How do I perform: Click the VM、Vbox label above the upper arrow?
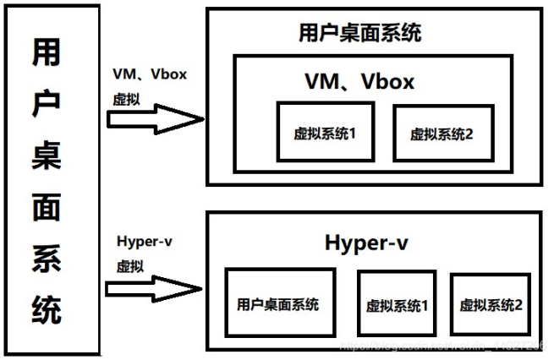149,74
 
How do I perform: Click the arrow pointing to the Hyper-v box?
157,287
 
